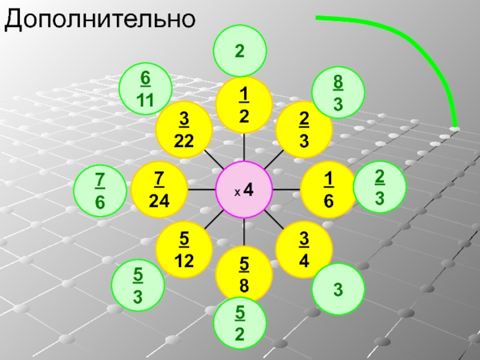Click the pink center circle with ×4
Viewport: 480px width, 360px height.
[244, 189]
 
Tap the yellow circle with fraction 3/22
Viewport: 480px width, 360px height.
[183, 131]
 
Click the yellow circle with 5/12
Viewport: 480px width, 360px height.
[183, 250]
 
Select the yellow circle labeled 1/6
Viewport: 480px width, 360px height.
[328, 189]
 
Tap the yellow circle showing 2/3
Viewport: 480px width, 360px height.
[304, 131]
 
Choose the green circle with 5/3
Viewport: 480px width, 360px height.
[138, 286]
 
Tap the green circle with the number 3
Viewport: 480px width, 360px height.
[338, 290]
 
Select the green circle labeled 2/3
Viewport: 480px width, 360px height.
[379, 186]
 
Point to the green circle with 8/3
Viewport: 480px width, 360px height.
[338, 92]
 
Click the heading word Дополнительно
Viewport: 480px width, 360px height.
[100, 20]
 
